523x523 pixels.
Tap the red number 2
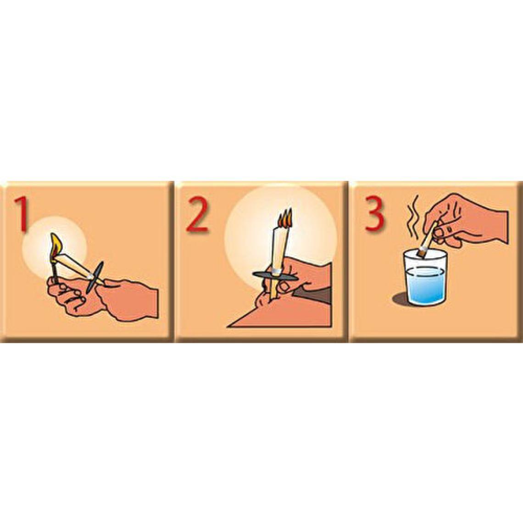(x=197, y=216)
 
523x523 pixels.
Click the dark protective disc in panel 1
(x=95, y=277)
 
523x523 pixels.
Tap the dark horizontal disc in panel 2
(x=276, y=276)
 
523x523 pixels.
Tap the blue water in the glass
(x=426, y=285)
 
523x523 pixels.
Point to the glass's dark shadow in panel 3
(x=401, y=298)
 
